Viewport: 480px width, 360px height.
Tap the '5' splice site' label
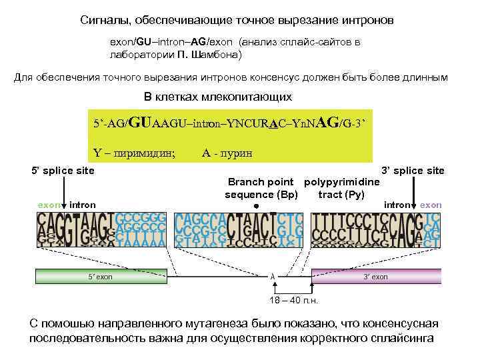click(x=63, y=171)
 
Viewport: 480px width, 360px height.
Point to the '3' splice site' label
click(x=412, y=171)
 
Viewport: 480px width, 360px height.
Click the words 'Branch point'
click(x=261, y=183)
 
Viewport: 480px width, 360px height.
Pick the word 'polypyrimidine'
click(x=342, y=183)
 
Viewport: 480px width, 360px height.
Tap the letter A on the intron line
click(x=272, y=276)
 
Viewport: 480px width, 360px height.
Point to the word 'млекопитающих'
click(x=253, y=97)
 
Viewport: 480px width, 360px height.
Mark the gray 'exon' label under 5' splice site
click(x=49, y=205)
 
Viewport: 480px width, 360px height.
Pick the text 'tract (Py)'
click(x=341, y=195)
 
